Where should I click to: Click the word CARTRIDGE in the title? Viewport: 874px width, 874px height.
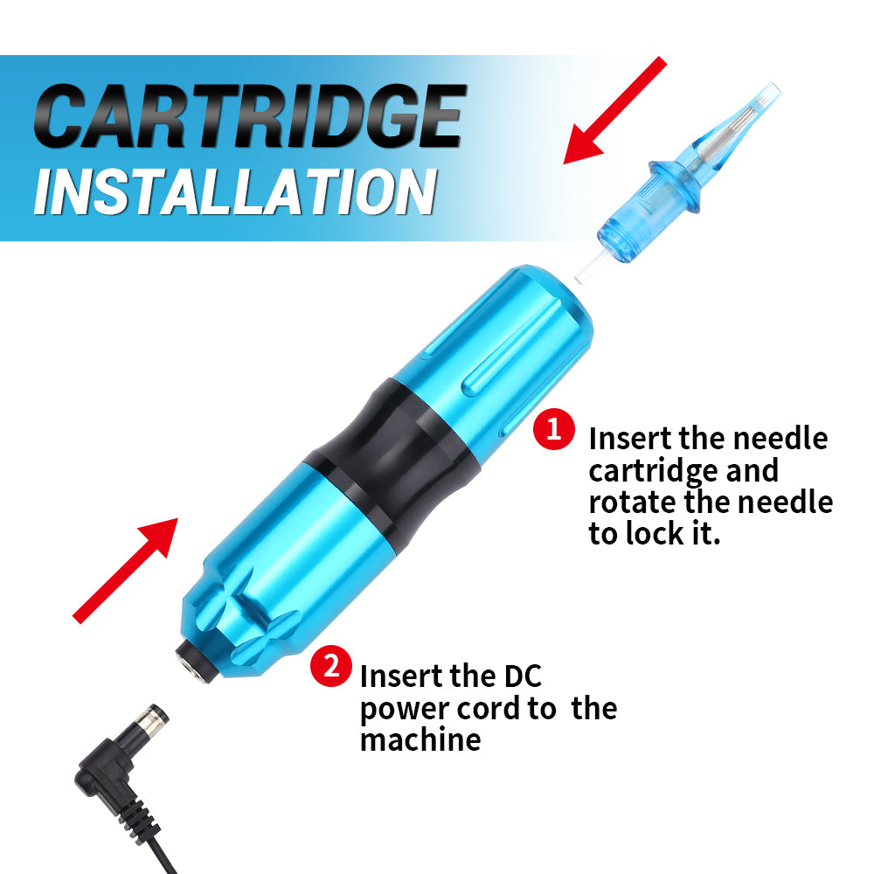click(x=248, y=116)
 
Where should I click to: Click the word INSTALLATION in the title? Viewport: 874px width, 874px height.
click(x=234, y=191)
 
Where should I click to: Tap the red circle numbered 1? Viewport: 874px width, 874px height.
click(x=553, y=428)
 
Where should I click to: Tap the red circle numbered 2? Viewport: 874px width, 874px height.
click(x=331, y=665)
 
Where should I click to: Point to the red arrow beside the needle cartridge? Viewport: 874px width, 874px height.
click(x=614, y=110)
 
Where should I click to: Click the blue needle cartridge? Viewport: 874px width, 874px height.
click(x=689, y=174)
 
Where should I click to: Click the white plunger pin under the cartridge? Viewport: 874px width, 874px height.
click(x=591, y=268)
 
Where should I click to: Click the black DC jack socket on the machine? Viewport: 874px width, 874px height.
click(x=196, y=661)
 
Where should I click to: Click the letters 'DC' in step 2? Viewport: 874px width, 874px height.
click(x=523, y=676)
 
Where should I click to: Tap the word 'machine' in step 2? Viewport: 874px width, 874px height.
click(x=420, y=740)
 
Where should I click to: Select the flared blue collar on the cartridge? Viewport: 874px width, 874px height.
click(x=676, y=187)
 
